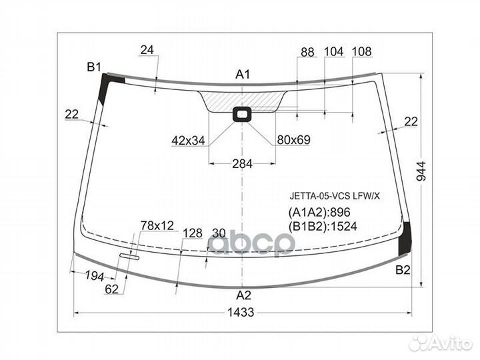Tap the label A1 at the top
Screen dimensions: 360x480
tap(243, 74)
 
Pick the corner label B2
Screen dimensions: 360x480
tap(403, 270)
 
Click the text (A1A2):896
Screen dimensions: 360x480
tap(319, 213)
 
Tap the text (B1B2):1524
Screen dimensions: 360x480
tap(323, 226)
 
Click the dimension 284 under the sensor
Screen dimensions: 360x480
tap(243, 165)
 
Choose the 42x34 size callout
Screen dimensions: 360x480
tap(188, 141)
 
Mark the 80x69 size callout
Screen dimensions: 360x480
tap(294, 141)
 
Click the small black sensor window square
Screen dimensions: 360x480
tap(241, 115)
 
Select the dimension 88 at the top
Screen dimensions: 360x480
tap(307, 52)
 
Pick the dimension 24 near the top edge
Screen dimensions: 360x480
tap(147, 49)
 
